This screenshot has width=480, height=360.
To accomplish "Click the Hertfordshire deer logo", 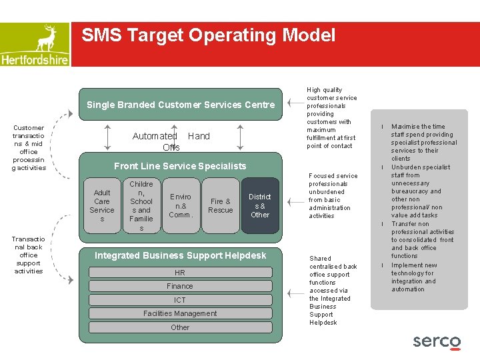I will tap(35, 44).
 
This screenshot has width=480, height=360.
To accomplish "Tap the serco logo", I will tap(437, 341).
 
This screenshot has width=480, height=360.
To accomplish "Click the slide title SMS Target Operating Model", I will tap(209, 35).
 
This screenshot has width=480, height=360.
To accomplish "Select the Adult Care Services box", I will tap(102, 205).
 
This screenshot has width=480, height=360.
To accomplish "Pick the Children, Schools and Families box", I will tap(141, 205).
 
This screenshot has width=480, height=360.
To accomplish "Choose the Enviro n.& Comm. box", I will tap(181, 205).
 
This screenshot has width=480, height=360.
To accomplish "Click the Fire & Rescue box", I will tap(220, 205).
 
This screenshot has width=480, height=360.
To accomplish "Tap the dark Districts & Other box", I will tap(259, 205).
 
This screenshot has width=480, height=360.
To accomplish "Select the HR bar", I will tap(180, 273).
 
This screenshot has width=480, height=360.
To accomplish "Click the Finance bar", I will tap(180, 286).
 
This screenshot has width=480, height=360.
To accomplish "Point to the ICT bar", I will tap(180, 300).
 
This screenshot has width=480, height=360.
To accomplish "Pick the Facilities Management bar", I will tap(180, 313).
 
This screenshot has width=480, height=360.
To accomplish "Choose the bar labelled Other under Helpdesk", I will tap(180, 327).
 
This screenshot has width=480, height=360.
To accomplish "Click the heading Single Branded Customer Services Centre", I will tap(180, 105).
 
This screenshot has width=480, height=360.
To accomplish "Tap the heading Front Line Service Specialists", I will tap(180, 166).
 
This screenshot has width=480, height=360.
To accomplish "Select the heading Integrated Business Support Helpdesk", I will tap(180, 255).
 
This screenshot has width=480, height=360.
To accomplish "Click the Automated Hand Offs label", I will tap(171, 141).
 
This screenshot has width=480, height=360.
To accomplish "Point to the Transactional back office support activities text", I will tap(29, 255).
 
